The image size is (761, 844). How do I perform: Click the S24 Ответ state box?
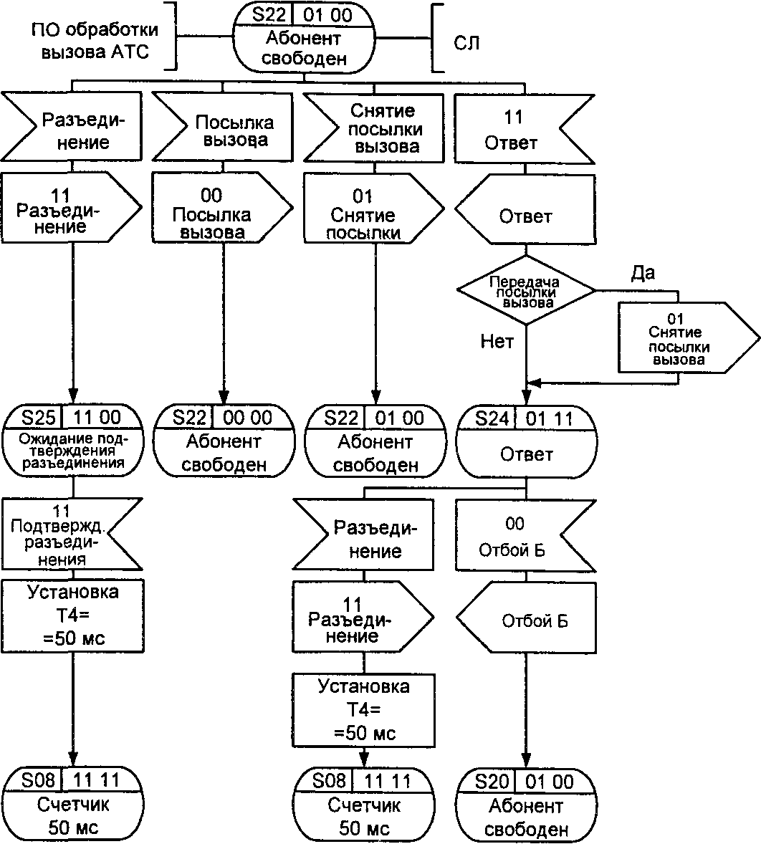pyautogui.click(x=526, y=441)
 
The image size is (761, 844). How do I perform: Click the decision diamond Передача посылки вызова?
pyautogui.click(x=526, y=292)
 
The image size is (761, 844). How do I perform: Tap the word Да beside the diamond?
pyautogui.click(x=642, y=273)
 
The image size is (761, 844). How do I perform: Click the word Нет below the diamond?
pyautogui.click(x=497, y=342)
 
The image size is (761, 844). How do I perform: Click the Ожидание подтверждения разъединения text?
pyautogui.click(x=74, y=452)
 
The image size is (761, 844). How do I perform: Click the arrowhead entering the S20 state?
pyautogui.click(x=527, y=763)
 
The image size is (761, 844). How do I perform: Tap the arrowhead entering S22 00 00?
pyautogui.click(x=224, y=400)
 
